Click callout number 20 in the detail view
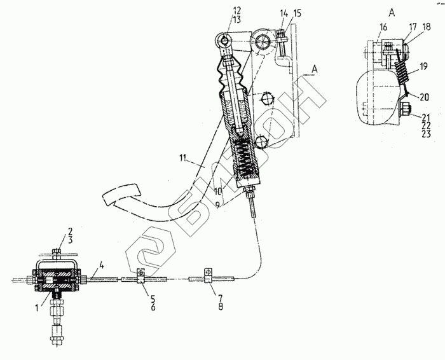423,97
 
